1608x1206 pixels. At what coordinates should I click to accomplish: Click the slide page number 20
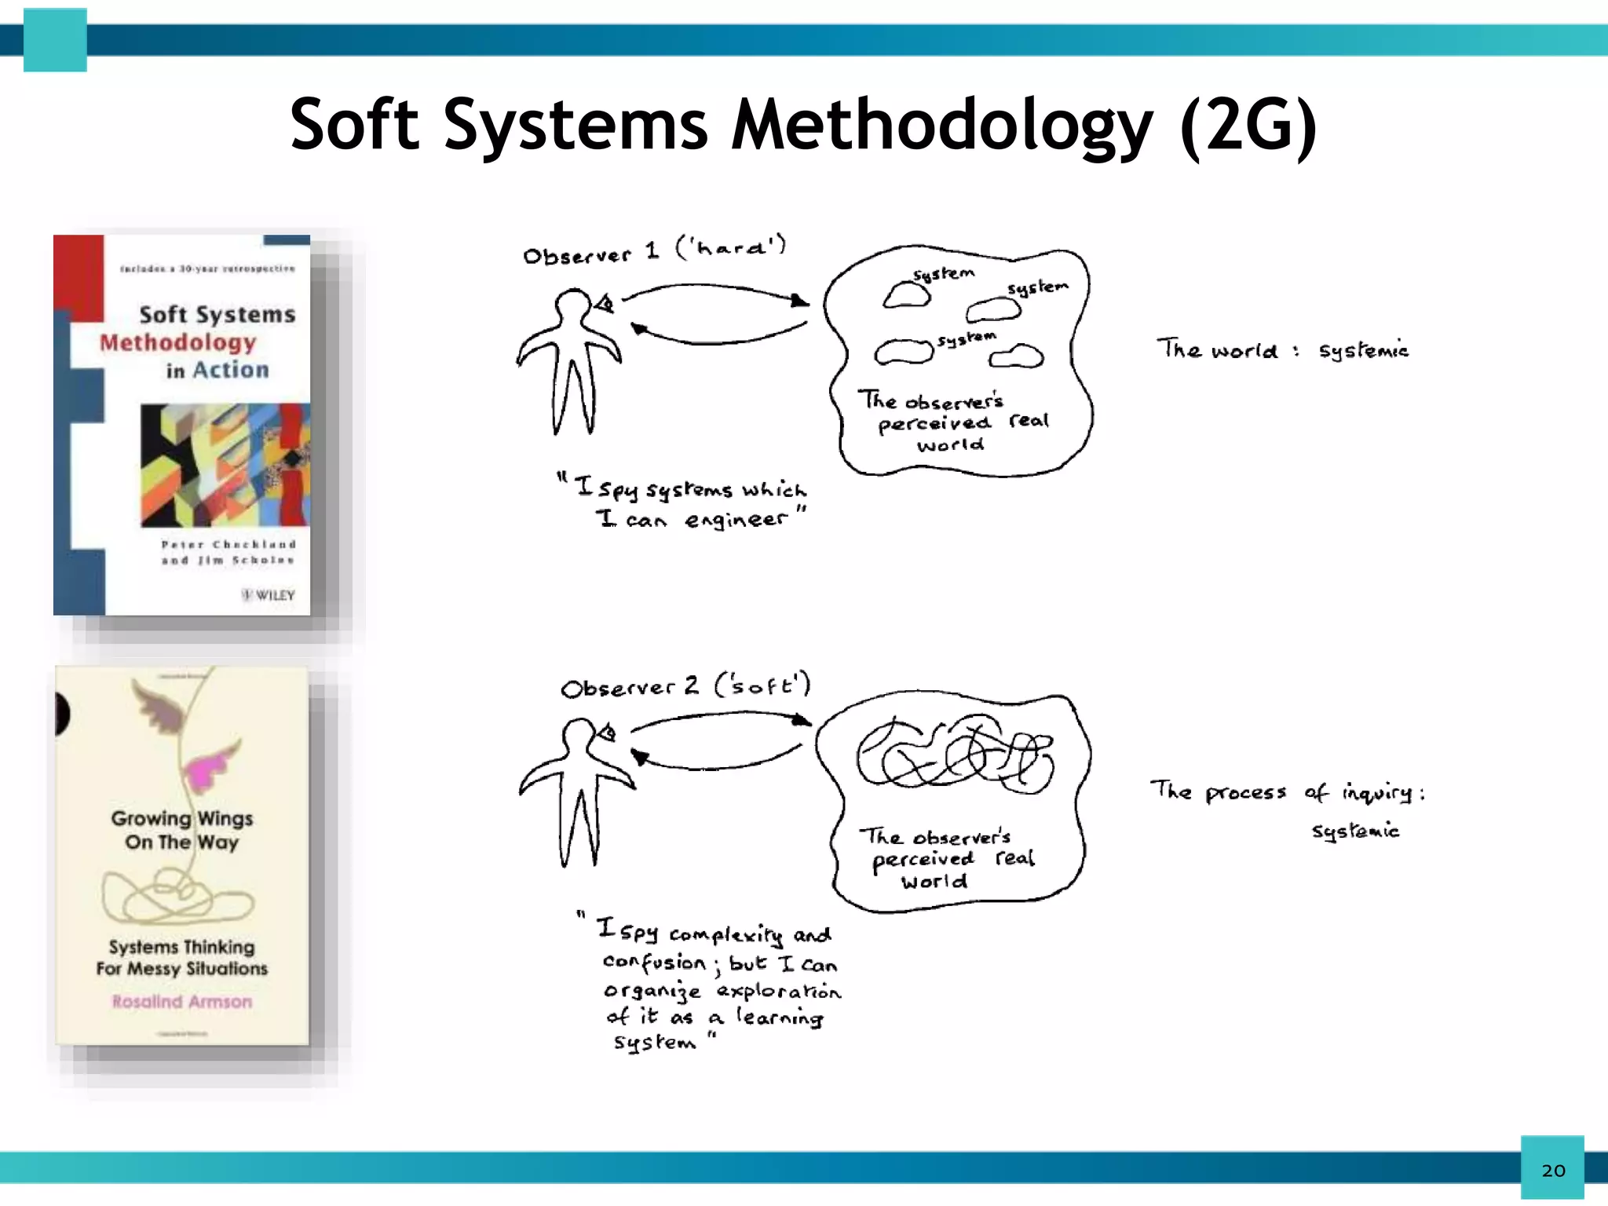point(1553,1171)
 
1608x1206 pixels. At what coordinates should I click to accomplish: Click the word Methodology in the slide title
point(942,126)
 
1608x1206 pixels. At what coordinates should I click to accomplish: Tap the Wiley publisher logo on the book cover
point(268,595)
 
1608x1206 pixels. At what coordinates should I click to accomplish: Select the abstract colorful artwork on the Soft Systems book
point(225,465)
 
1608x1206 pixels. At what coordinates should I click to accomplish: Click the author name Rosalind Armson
point(182,1002)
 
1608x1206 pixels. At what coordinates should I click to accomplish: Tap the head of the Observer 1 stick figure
point(572,305)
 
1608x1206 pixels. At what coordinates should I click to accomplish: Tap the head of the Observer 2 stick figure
point(579,736)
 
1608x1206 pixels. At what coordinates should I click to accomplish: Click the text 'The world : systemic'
point(1282,349)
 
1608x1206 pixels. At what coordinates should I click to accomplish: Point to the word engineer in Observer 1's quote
point(735,520)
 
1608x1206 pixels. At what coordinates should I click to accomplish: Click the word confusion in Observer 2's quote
point(655,963)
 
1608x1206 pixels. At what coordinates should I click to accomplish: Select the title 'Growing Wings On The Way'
point(182,830)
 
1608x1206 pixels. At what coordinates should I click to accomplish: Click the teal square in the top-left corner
point(55,40)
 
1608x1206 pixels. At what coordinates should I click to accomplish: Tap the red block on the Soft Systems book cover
point(79,275)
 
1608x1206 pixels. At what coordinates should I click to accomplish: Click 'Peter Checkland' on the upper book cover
point(228,544)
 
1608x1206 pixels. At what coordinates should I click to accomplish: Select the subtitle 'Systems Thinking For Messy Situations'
point(182,958)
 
